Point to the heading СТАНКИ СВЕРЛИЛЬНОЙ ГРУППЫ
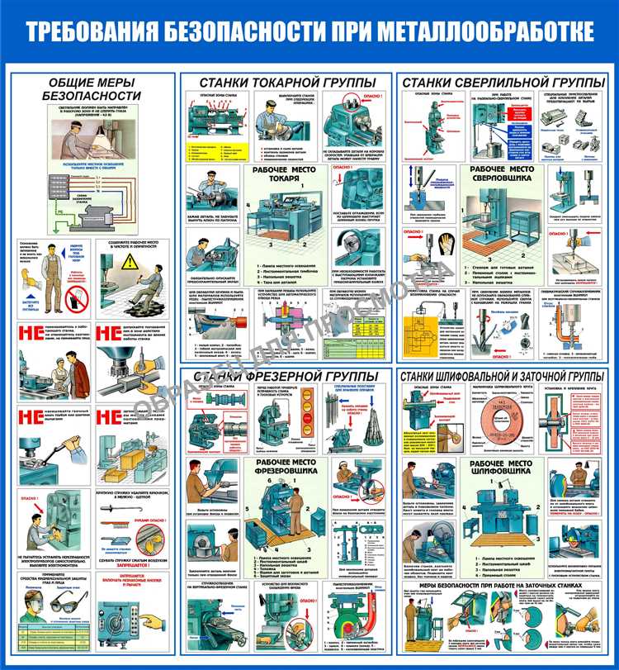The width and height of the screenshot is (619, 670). point(503,83)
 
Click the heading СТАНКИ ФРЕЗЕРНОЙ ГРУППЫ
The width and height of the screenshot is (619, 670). point(285,377)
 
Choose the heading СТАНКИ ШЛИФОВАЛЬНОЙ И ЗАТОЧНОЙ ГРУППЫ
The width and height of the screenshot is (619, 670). point(503,377)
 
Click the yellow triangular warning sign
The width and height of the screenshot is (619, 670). point(132,262)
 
